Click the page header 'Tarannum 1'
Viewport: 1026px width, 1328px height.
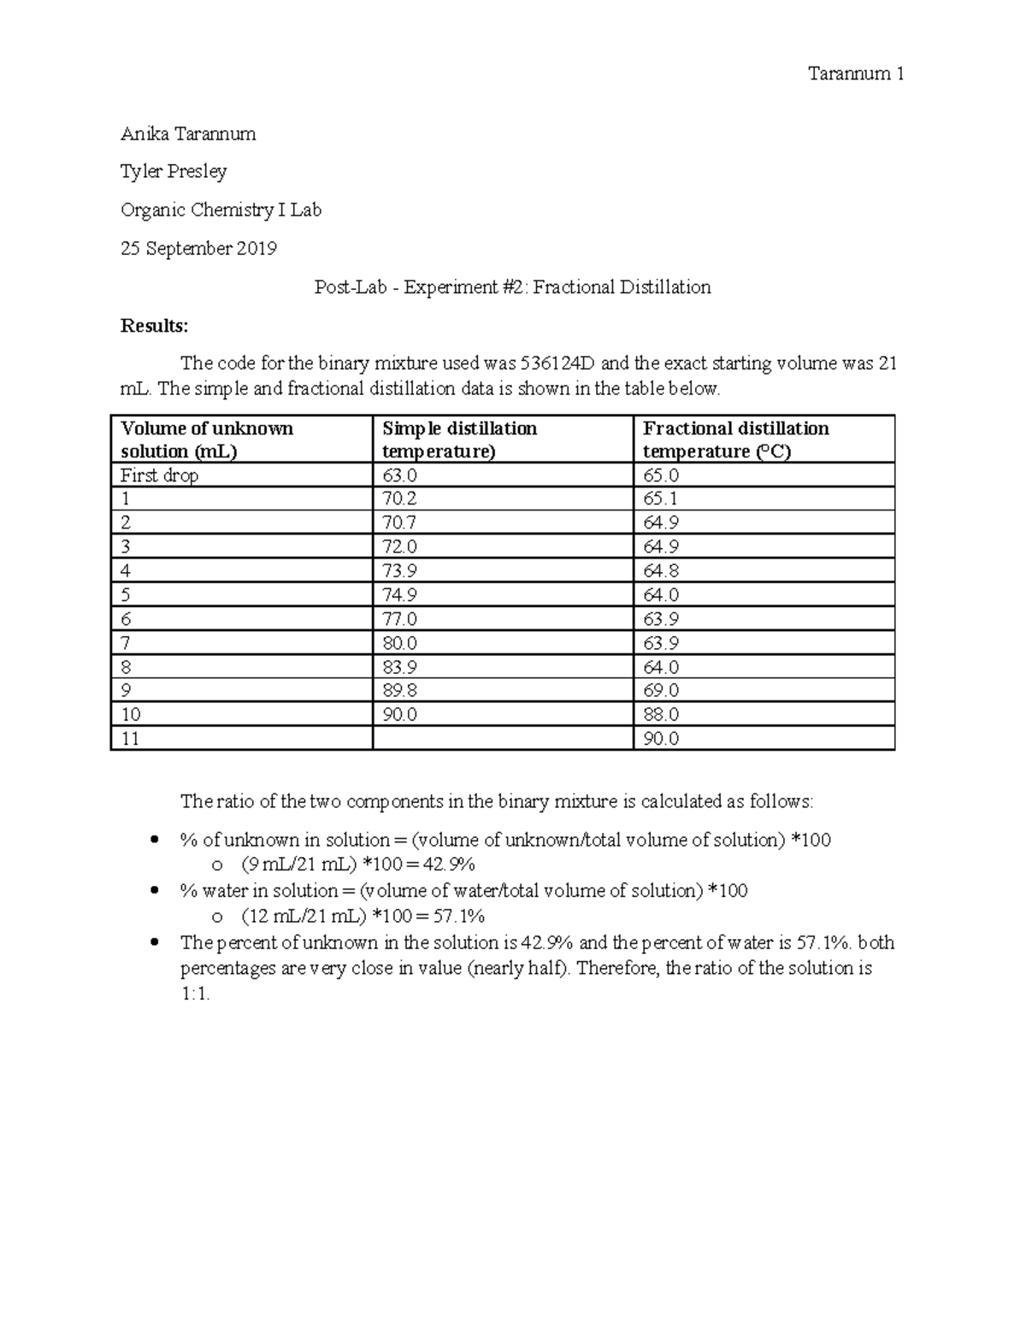pos(856,74)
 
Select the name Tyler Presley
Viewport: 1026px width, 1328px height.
pos(174,172)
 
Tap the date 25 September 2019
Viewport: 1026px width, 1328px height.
pos(198,249)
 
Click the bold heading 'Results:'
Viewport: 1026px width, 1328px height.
pos(154,326)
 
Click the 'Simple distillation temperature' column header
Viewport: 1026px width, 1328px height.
pos(459,440)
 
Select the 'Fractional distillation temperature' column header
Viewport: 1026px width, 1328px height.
pos(735,440)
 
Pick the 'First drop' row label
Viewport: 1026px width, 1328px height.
pos(160,475)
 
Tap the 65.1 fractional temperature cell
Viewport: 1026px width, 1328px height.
pos(660,499)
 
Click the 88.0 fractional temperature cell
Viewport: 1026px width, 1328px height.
pos(660,715)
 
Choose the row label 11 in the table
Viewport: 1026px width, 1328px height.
pos(130,739)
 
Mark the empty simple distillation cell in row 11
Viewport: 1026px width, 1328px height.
pos(502,739)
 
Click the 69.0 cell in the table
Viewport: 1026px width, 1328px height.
pos(660,691)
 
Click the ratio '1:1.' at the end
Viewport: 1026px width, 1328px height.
pos(195,995)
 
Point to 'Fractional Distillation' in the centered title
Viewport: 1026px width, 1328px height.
pos(622,287)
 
